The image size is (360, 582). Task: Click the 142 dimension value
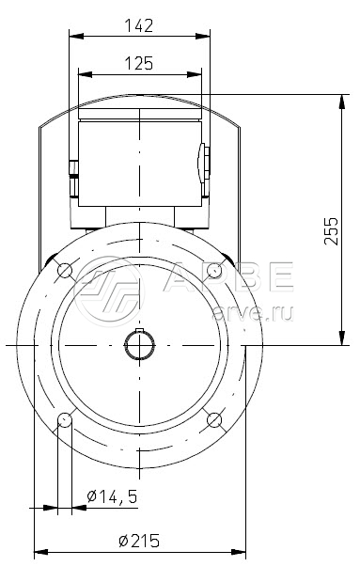click(138, 26)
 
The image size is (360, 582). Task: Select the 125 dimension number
click(139, 64)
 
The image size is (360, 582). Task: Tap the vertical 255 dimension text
click(332, 231)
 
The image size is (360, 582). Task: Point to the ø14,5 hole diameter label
click(112, 495)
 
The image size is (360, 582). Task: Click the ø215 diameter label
click(139, 541)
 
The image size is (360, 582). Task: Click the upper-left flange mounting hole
click(65, 271)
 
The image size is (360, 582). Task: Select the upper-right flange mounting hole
click(214, 271)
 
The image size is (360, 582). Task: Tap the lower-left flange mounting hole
click(65, 420)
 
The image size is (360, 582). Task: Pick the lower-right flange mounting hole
click(214, 420)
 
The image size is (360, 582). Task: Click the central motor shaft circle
click(139, 346)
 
